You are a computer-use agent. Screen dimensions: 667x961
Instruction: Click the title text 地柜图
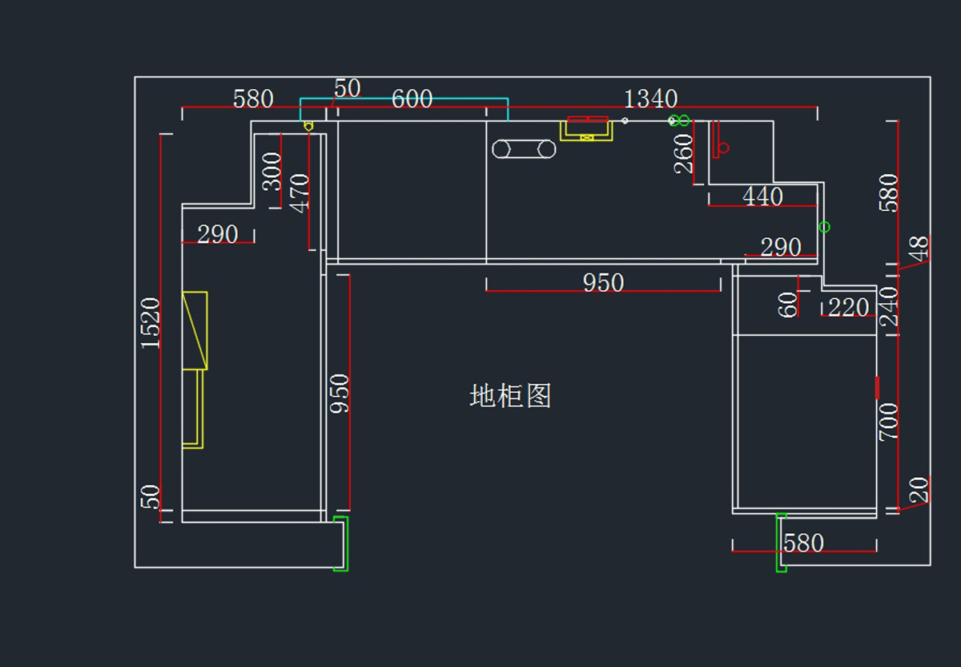[x=510, y=396]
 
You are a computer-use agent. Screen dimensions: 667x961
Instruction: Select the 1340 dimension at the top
[x=650, y=99]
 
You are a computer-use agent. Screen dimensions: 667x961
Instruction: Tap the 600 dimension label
[x=412, y=99]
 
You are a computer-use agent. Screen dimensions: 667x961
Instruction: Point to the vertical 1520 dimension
[x=151, y=322]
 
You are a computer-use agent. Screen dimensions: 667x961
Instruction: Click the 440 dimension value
[x=762, y=196]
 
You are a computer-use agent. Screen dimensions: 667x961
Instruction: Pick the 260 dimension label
[x=683, y=153]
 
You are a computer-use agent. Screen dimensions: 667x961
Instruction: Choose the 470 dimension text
[x=299, y=193]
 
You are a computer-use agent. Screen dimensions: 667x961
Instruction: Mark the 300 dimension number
[x=272, y=172]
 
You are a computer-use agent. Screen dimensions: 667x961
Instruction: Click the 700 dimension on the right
[x=889, y=422]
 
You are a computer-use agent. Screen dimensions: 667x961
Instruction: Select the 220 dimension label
[x=848, y=307]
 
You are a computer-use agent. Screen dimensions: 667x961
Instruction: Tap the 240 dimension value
[x=889, y=307]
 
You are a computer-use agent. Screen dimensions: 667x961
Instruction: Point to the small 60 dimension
[x=789, y=305]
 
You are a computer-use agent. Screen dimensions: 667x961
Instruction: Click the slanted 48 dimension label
[x=919, y=248]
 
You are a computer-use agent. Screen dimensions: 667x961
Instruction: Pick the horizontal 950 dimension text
[x=603, y=283]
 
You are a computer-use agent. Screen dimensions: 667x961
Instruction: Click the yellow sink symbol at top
[x=586, y=129]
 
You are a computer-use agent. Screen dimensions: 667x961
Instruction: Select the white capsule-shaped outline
[x=524, y=149]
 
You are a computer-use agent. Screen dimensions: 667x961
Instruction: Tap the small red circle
[x=724, y=148]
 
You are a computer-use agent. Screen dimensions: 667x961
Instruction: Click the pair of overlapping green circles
[x=679, y=120]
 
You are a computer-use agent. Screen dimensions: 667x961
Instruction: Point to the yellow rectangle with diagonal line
[x=195, y=330]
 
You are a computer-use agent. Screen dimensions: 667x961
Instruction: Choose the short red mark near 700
[x=878, y=388]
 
